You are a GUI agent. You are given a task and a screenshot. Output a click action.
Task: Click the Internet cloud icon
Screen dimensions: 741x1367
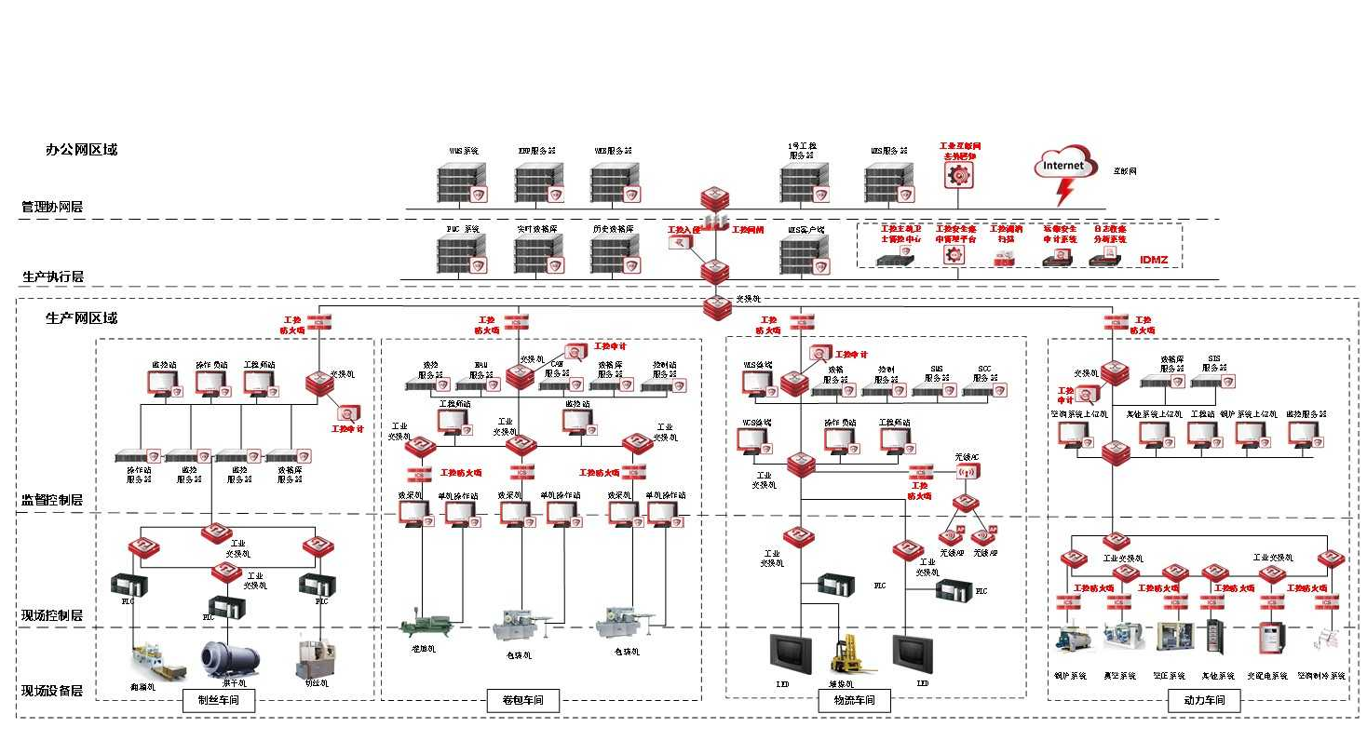(1063, 167)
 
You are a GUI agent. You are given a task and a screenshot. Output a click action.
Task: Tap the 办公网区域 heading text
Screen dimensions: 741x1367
(82, 149)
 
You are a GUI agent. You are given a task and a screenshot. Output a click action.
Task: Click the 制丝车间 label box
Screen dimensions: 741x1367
(219, 701)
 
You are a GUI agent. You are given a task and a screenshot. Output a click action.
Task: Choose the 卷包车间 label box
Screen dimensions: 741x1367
(522, 701)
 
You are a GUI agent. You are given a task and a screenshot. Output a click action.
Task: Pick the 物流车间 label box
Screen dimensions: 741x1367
(854, 701)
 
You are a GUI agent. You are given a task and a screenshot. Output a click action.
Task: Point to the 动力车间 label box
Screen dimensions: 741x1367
(1204, 701)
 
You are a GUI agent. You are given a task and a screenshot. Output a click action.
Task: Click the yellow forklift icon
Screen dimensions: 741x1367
(848, 654)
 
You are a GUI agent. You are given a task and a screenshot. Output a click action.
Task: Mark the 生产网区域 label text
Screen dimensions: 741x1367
(82, 318)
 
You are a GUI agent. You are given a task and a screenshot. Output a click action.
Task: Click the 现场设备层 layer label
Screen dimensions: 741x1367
(53, 692)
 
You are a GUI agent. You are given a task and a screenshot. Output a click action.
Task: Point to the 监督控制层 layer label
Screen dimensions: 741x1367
(53, 500)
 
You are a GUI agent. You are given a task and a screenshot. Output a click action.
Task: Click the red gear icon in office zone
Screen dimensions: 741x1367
(958, 174)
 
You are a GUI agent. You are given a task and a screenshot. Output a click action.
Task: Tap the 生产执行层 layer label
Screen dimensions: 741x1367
(53, 276)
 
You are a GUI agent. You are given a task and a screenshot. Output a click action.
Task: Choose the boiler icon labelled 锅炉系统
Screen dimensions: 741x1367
(1069, 640)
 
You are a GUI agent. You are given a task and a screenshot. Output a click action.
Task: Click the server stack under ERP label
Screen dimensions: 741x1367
(538, 181)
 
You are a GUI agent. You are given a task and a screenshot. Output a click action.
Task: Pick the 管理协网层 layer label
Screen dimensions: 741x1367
(52, 207)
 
